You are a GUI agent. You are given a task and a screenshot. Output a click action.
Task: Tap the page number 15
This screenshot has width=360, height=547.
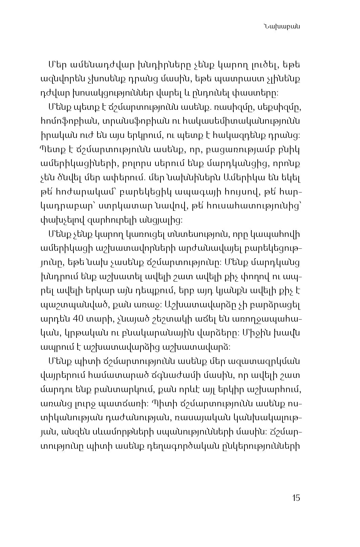click(295, 498)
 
